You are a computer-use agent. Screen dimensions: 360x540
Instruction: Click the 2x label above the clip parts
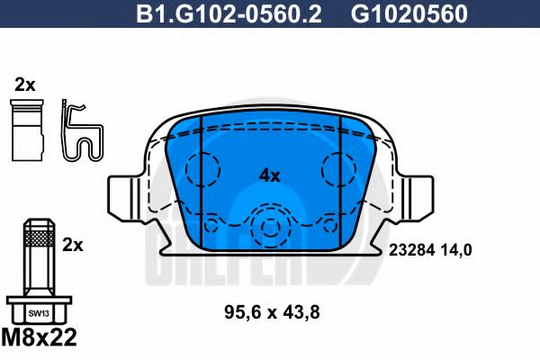(x=24, y=85)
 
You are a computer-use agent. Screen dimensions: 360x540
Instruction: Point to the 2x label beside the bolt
(x=73, y=244)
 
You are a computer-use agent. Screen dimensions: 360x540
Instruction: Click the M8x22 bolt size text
(x=43, y=341)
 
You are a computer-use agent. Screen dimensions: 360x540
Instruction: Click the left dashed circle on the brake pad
(x=202, y=168)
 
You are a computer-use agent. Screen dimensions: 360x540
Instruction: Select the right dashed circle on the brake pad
(x=340, y=168)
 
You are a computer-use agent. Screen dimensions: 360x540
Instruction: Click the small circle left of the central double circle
(x=213, y=225)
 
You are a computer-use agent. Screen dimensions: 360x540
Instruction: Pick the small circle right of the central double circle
(x=327, y=225)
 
